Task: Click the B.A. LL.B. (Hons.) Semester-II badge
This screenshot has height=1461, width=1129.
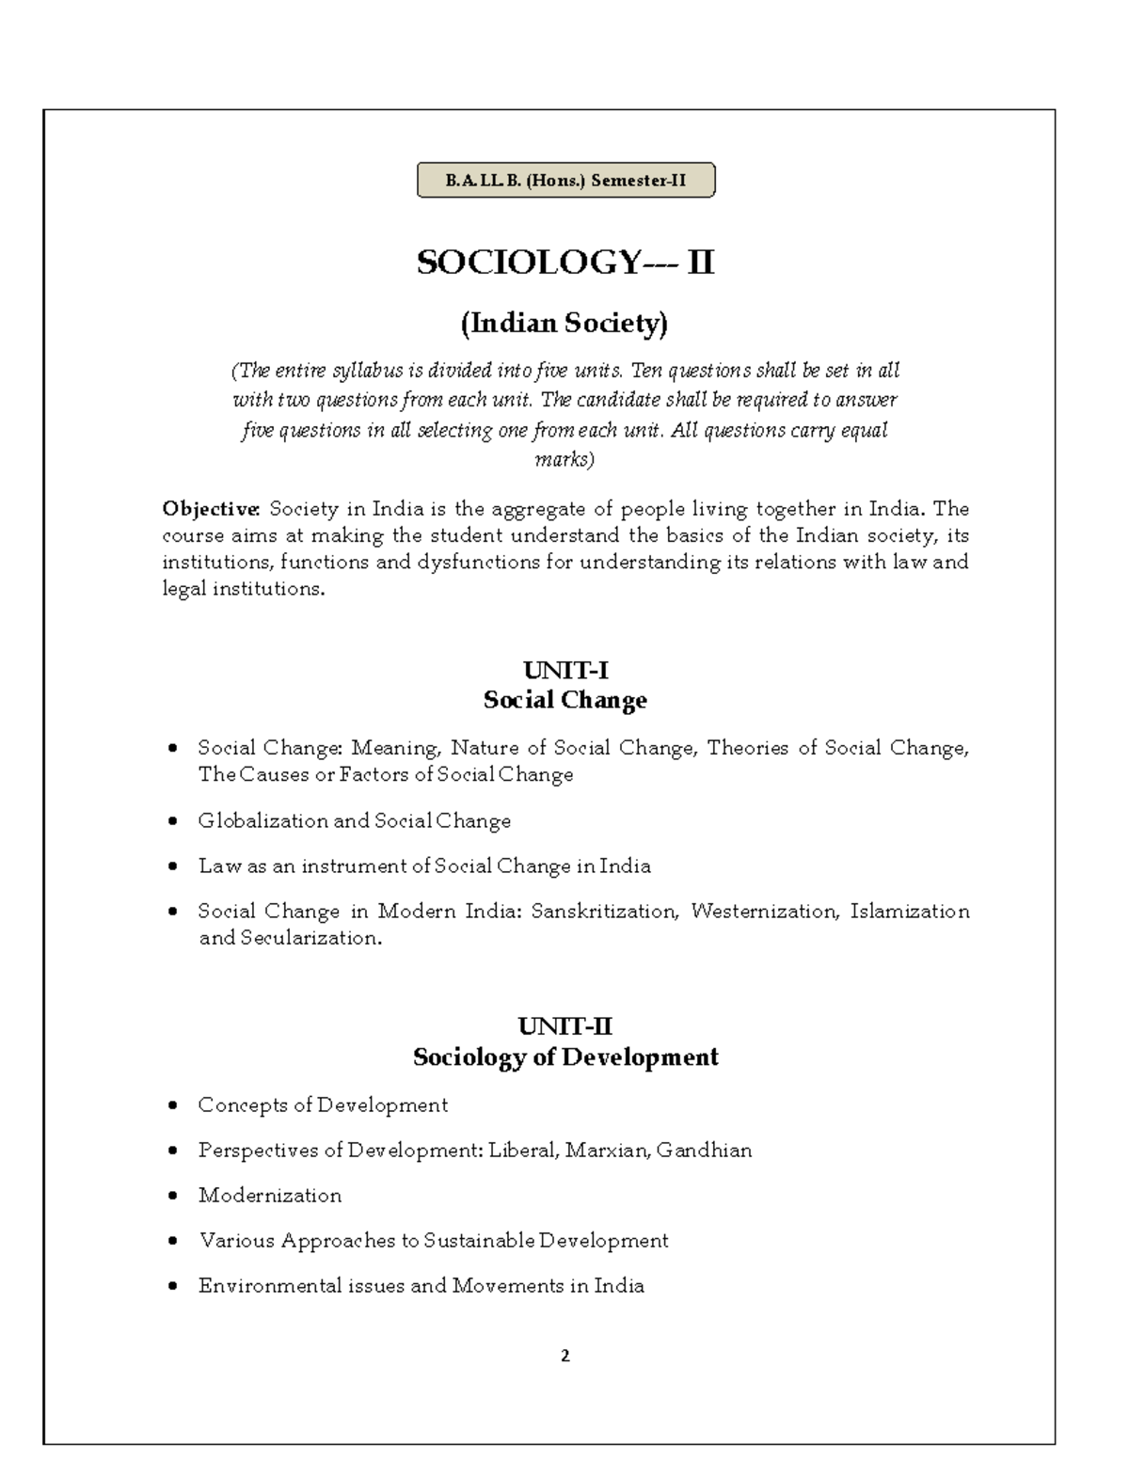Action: (x=565, y=181)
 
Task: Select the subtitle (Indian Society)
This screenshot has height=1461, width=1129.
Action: (x=564, y=324)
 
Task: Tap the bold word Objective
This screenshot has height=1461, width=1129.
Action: (x=211, y=509)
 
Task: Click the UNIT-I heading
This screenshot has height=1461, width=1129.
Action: (x=565, y=671)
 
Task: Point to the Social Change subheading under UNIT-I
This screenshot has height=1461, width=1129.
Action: (x=565, y=700)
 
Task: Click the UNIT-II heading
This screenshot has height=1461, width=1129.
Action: (x=565, y=1026)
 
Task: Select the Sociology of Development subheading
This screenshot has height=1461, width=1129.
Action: (x=565, y=1056)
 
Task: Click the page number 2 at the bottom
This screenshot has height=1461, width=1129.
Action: (x=565, y=1356)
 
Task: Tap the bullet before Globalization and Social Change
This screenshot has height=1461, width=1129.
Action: (x=172, y=821)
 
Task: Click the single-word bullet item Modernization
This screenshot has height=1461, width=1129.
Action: (x=270, y=1196)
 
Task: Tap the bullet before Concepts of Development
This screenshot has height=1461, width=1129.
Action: (x=172, y=1105)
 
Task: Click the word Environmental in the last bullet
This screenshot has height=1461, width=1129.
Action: (x=261, y=1286)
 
